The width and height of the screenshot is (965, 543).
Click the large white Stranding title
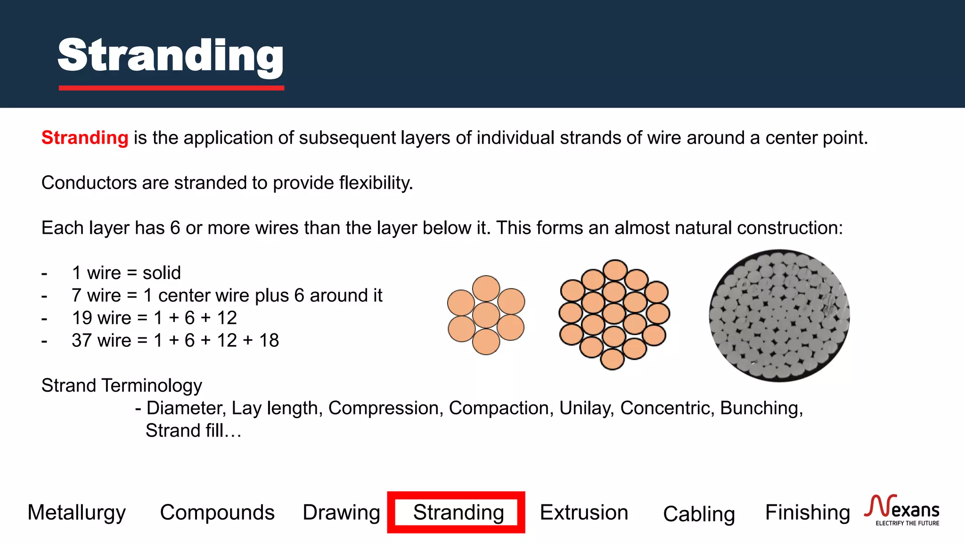[171, 56]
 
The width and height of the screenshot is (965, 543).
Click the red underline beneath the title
[171, 88]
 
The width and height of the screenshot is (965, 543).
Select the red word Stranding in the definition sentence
[85, 138]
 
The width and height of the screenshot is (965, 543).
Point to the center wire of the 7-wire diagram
[486, 315]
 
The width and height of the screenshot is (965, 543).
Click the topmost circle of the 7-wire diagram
[486, 288]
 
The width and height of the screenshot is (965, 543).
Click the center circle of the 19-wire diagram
[614, 314]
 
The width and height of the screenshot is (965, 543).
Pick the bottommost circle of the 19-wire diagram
[613, 359]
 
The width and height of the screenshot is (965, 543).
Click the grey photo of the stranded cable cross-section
[779, 315]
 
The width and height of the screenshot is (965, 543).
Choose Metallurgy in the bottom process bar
[77, 512]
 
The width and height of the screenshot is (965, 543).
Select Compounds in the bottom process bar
[217, 512]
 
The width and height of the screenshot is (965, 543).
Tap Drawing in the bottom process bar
[341, 512]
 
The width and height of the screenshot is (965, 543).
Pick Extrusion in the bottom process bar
[584, 512]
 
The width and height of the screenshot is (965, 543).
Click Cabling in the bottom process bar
[699, 514]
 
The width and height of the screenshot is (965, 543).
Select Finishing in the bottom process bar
[807, 512]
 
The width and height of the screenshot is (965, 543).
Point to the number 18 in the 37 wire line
[269, 340]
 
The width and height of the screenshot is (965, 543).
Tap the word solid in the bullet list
[162, 273]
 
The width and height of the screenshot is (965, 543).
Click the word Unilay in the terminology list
[586, 408]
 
